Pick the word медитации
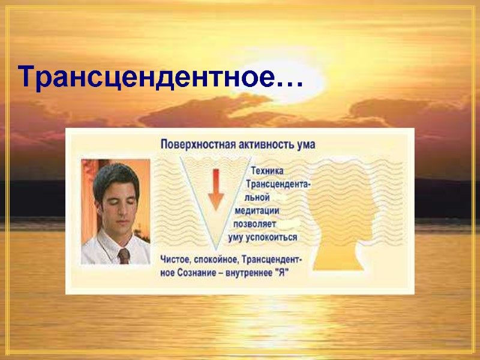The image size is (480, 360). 257,211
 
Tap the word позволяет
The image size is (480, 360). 254,224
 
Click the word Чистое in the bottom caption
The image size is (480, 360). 176,260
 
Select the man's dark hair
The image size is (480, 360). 113,174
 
